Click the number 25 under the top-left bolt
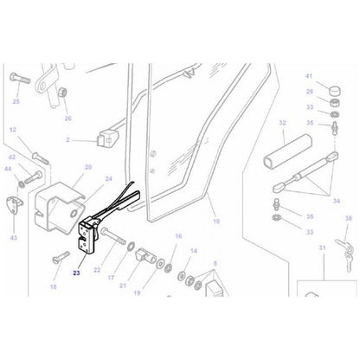(x=16, y=100)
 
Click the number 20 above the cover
(x=87, y=167)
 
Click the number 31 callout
(x=320, y=249)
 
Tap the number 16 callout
(x=179, y=235)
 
